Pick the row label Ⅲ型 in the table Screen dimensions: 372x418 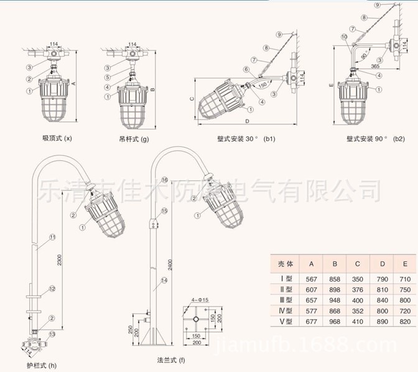(x=287, y=300)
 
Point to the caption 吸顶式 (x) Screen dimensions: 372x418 (x=57, y=139)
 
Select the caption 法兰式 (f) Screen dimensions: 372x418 (x=169, y=360)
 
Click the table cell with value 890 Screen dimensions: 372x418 (x=382, y=322)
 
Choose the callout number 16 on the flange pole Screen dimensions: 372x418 (x=165, y=180)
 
